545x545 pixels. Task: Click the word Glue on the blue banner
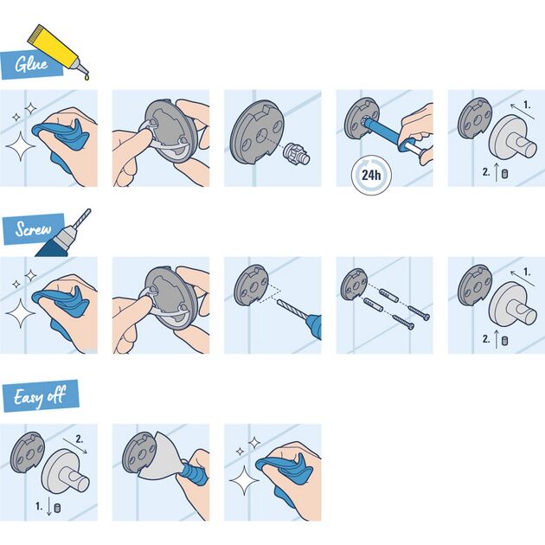tap(30, 63)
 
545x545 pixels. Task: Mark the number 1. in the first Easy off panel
tap(38, 504)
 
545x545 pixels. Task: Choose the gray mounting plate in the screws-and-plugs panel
tap(356, 284)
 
